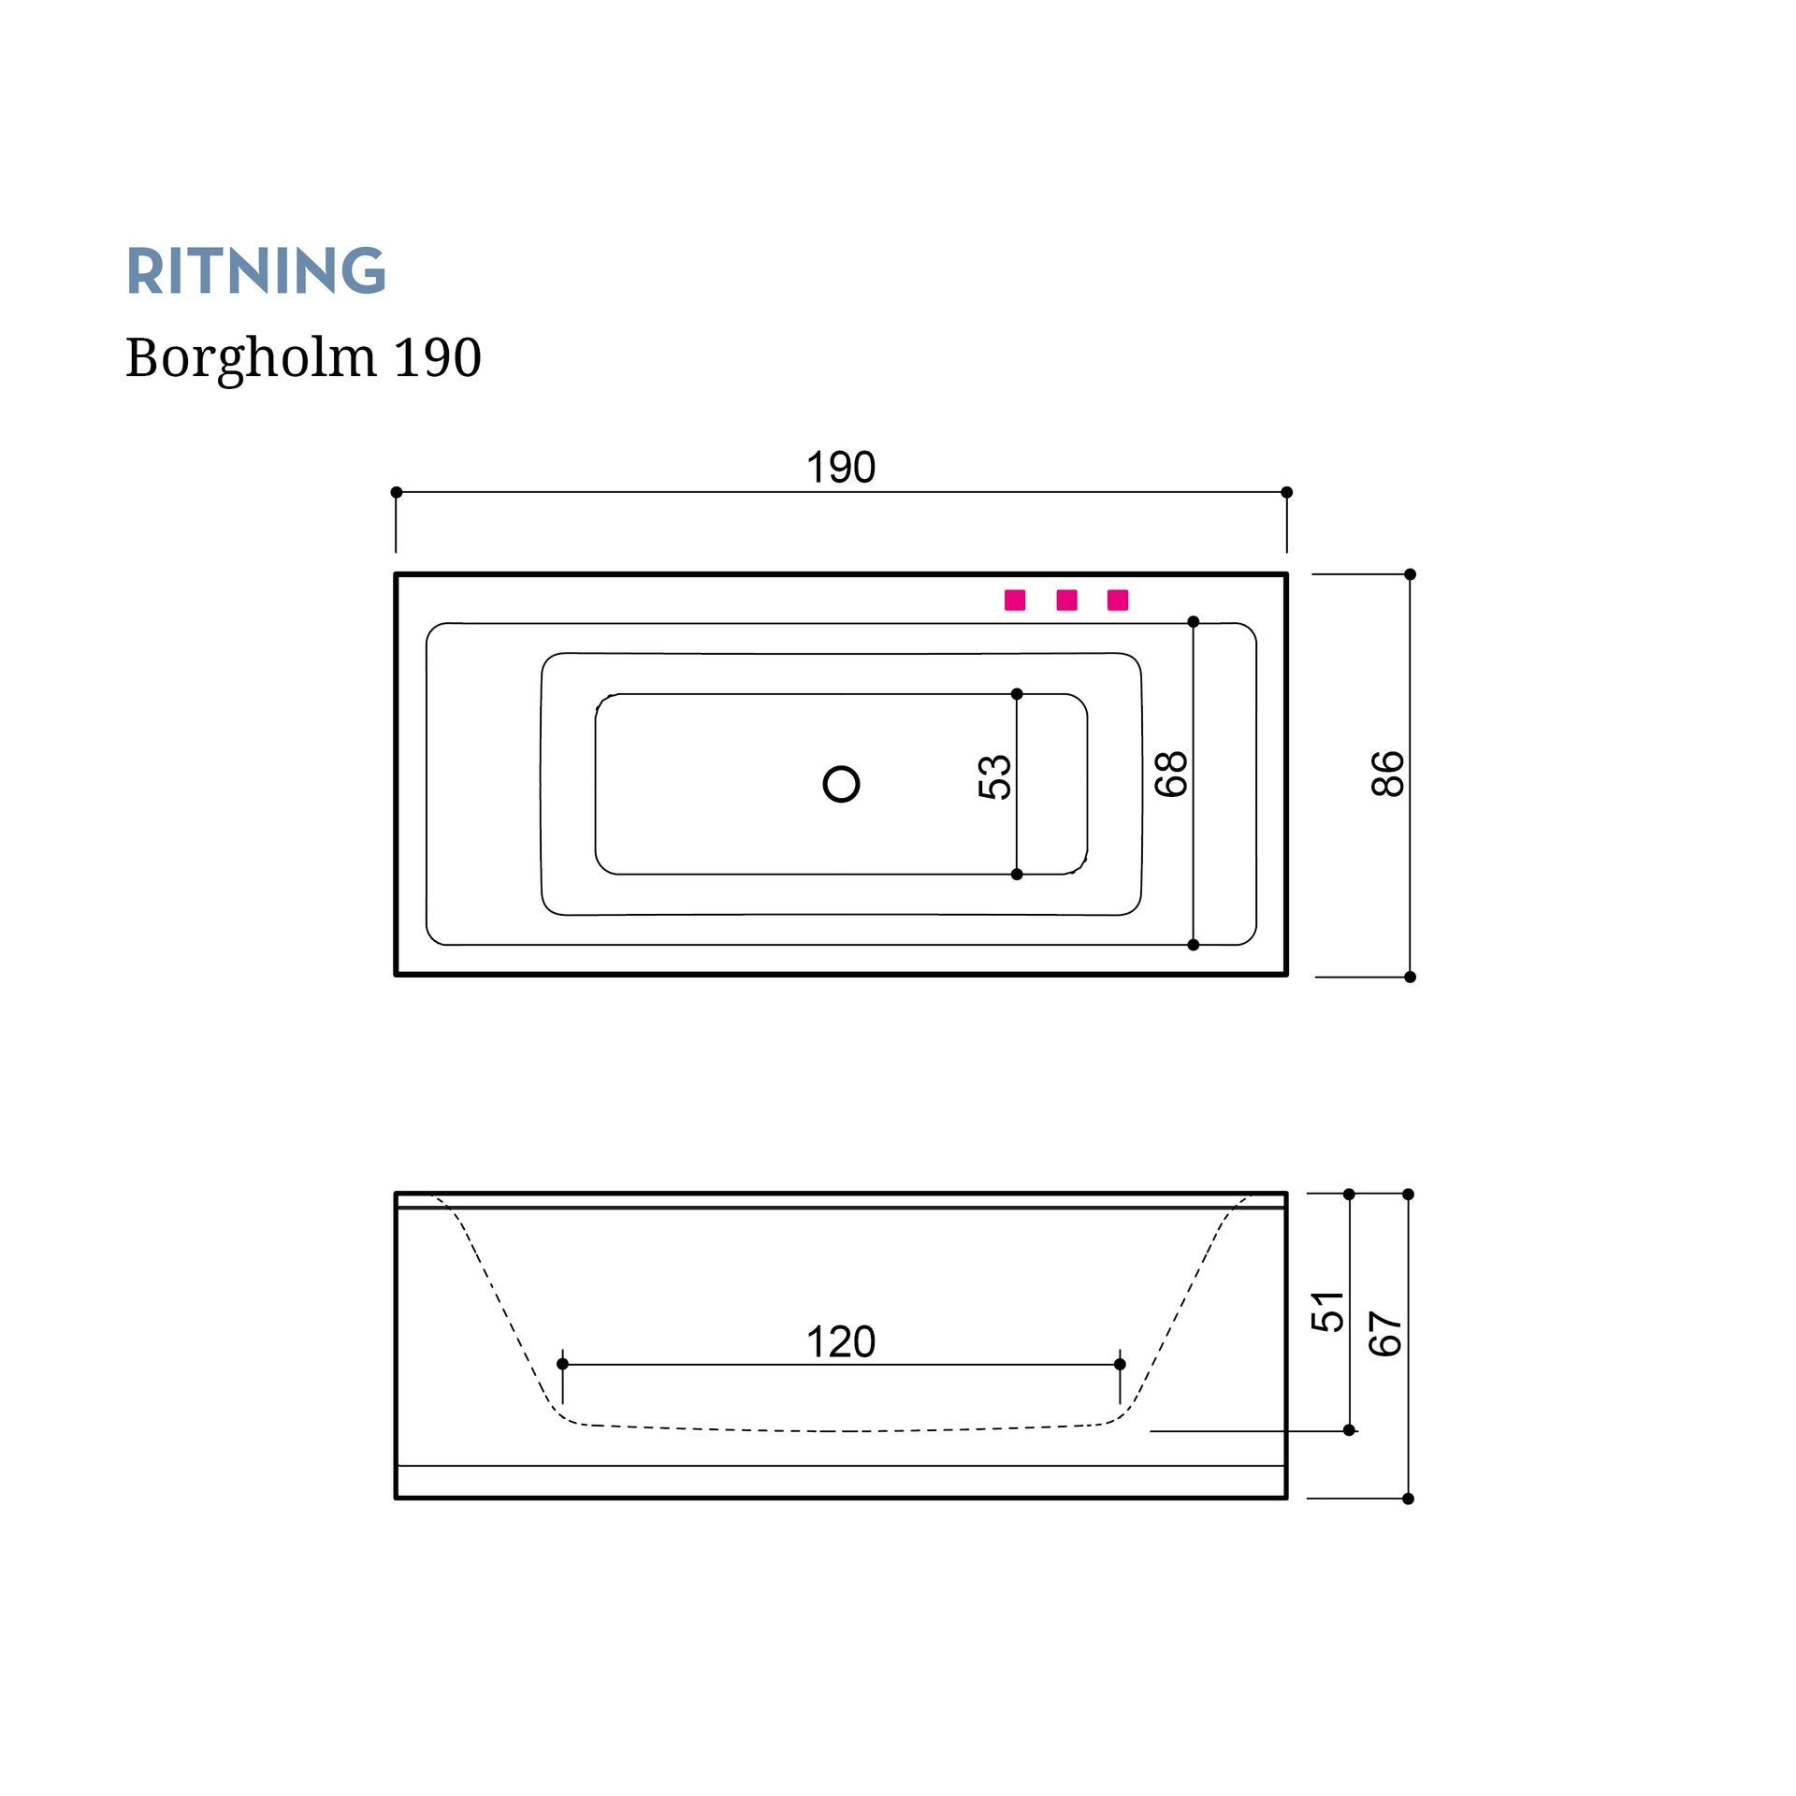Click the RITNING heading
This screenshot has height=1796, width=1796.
coord(255,271)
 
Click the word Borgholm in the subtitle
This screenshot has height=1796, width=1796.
coord(251,358)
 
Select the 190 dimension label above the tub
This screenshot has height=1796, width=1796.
coord(841,468)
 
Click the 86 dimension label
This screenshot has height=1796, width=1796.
coord(1387,774)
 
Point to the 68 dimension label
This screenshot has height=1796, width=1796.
coord(1171,774)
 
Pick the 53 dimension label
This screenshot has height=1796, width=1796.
coord(994,776)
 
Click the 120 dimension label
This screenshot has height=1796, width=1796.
coord(841,1342)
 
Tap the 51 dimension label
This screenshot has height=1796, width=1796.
coord(1327,1311)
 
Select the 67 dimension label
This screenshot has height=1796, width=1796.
coord(1385,1334)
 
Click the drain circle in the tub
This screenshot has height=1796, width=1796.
coord(841,784)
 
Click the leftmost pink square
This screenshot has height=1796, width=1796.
coord(1015,600)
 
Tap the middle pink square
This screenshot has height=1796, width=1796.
coord(1066,600)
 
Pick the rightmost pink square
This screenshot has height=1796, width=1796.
coord(1118,600)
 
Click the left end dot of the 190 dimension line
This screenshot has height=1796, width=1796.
coord(396,492)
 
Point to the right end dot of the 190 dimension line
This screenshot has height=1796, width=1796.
coord(1286,492)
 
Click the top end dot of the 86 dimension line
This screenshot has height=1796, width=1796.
coord(1410,574)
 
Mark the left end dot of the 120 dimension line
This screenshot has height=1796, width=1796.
coord(562,1364)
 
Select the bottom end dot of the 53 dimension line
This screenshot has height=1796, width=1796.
coord(1017,874)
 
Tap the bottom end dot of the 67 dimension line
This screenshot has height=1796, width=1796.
coord(1408,1499)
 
